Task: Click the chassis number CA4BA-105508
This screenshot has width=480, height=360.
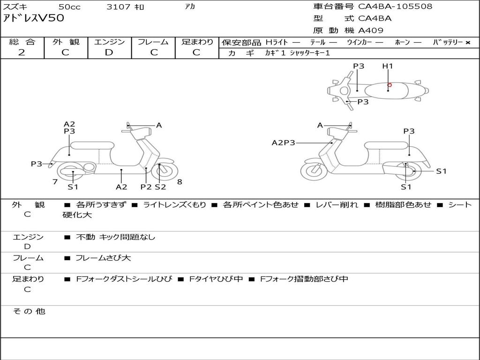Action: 395,7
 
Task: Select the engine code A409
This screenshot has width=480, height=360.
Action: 371,30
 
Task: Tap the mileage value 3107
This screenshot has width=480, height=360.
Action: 119,7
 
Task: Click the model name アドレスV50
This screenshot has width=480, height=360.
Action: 34,19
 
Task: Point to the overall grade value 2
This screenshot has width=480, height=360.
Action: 22,52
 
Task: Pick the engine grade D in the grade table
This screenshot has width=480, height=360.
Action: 109,52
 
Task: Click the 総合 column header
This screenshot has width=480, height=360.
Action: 22,42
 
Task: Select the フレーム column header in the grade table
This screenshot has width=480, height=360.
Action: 153,42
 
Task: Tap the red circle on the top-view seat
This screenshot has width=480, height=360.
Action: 390,85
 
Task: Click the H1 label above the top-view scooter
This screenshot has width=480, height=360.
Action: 388,66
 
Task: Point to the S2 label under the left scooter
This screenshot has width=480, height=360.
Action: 160,187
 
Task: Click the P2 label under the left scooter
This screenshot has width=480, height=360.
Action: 146,187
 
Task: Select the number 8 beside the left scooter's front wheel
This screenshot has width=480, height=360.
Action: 180,182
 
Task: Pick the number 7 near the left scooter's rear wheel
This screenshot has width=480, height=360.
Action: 55,181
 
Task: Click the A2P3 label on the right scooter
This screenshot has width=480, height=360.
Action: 284,142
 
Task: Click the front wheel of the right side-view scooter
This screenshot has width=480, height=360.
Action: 314,171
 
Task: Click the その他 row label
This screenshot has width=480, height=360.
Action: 29,311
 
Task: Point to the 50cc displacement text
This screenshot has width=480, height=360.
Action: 69,7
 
